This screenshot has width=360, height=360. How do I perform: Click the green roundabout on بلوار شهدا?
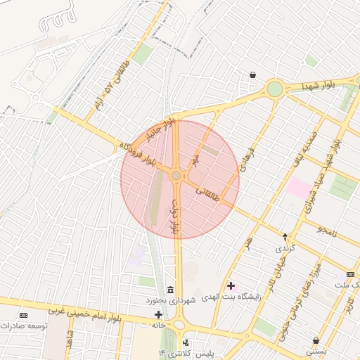point(274,89)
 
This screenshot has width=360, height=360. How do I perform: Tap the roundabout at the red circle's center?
point(176,176)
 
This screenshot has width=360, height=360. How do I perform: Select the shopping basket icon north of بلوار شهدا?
point(252,75)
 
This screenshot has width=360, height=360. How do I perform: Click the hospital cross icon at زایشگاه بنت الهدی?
point(232,286)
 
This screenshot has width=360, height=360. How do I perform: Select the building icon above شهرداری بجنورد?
point(170,290)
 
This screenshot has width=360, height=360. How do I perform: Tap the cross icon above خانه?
point(159,314)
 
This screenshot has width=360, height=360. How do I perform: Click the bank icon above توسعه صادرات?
point(25,315)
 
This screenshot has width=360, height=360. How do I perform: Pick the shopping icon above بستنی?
point(314,340)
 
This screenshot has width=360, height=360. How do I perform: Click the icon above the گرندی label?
point(285,237)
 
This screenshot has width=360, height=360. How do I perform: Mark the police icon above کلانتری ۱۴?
point(186,342)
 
